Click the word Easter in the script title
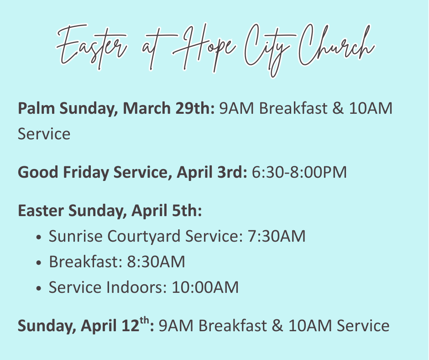pos(92,47)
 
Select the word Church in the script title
pos(336,45)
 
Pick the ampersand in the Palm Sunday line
pos(338,108)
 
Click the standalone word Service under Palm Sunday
pos(44,134)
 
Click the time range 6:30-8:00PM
pos(299,172)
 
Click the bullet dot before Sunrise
pos(39,237)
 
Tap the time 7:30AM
pos(277,236)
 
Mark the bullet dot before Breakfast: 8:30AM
pos(39,263)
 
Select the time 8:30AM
pos(156,262)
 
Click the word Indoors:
pos(136,287)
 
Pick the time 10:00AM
pos(205,287)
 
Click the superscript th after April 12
pos(145,320)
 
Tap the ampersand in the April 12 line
pos(277,326)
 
